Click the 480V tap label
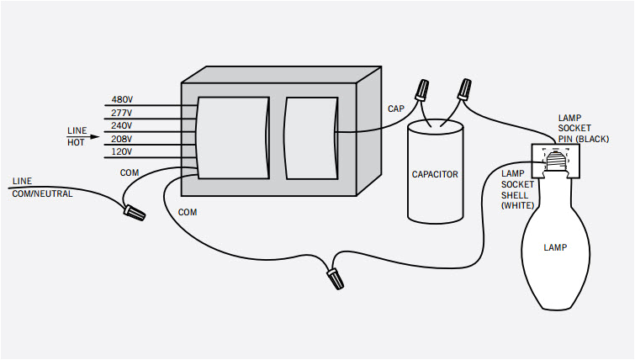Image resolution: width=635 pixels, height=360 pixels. coord(123,100)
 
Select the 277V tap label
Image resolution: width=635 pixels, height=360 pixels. coord(123,113)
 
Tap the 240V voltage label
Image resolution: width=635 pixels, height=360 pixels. coord(123,125)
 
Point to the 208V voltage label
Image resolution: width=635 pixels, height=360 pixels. coord(123,139)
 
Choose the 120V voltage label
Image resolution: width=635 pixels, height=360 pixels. coord(123,151)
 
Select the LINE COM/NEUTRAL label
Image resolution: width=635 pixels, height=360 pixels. coord(42,188)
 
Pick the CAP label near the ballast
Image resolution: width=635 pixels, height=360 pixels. coord(395,109)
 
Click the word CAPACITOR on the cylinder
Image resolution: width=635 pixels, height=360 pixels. coord(435,175)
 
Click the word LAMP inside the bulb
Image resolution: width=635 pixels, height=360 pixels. coord(554,248)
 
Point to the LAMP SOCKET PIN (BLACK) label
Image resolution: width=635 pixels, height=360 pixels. coord(582,128)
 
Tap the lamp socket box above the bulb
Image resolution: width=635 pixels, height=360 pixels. coord(555,161)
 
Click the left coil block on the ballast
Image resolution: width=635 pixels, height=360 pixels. coord(231,137)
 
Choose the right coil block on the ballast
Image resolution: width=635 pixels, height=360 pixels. coord(310,137)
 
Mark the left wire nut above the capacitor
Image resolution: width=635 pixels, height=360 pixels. coord(423,89)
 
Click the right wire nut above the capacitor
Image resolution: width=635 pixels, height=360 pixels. coord(463,87)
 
